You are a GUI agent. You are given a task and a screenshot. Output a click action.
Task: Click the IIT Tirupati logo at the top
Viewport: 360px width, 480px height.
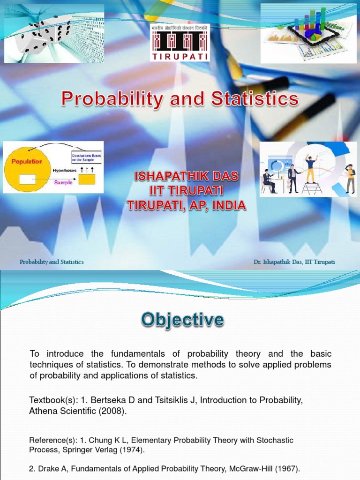[180, 42]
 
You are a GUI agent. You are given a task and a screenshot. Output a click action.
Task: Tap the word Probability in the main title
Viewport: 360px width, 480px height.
[111, 99]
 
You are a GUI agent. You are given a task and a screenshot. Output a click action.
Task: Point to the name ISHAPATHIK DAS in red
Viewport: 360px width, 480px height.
[187, 177]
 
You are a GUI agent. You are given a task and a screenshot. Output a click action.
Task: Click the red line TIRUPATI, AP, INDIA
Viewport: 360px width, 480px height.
[187, 206]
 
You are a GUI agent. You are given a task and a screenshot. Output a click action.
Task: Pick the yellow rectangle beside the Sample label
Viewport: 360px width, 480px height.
[87, 179]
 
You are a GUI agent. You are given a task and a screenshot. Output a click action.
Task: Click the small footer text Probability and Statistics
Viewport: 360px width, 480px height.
[52, 262]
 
